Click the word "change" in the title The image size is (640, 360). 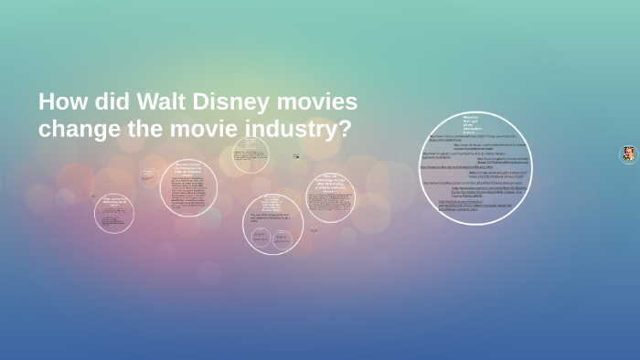click(80, 129)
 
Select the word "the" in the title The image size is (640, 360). click(145, 129)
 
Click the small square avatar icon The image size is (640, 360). click(628, 154)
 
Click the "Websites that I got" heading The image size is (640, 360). click(471, 124)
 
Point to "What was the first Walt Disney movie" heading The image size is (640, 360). click(113, 200)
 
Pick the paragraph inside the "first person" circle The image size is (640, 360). click(188, 194)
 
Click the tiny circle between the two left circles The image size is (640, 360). click(148, 176)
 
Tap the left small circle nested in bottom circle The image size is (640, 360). click(260, 237)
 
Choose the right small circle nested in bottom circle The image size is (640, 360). click(283, 238)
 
